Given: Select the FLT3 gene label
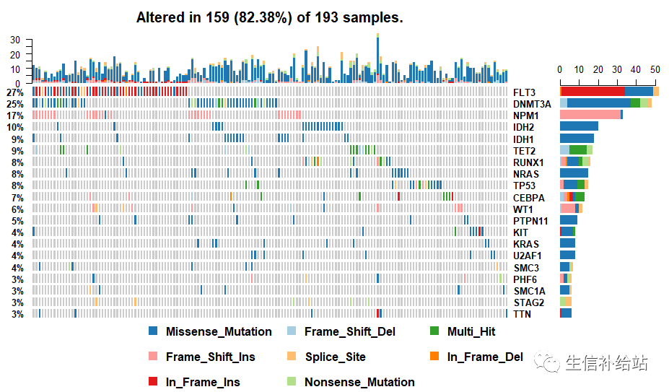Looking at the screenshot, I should tap(524, 92).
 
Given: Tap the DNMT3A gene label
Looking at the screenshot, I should tap(532, 104).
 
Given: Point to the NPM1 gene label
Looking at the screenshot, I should tap(526, 116).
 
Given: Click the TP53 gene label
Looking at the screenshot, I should tap(524, 186).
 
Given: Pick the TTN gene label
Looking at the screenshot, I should tap(522, 314).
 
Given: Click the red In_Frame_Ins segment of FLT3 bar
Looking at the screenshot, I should tap(593, 92).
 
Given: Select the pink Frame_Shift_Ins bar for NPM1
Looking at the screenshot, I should tap(590, 115).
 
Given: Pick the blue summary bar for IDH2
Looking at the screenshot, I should tap(579, 126).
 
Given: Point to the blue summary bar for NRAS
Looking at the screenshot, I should tap(574, 173).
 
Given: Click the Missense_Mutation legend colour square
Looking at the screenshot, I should tap(152, 331).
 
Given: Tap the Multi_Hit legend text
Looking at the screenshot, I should tap(471, 331).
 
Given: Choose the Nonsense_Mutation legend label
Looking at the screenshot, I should tap(359, 382).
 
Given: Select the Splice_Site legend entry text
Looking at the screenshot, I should tap(335, 357).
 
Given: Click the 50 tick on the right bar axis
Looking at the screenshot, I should tap(655, 69).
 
